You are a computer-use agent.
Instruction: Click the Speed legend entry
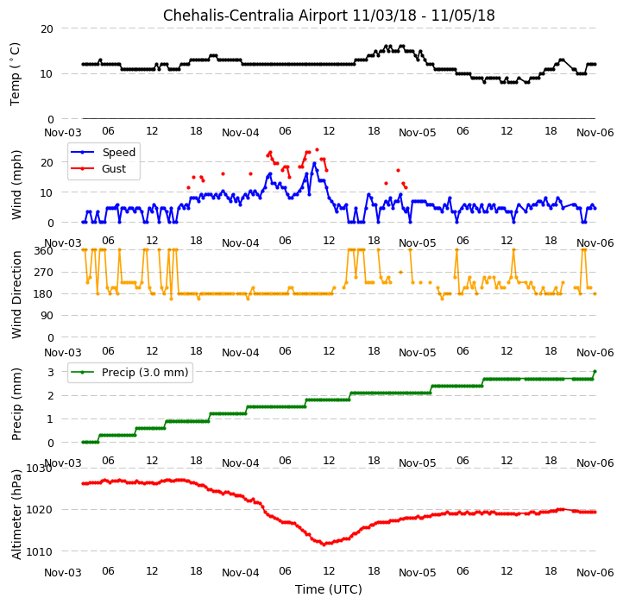click(119, 152)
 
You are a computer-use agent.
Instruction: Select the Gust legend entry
click(114, 169)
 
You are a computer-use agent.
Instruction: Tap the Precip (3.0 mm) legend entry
click(145, 373)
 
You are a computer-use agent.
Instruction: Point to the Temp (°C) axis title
click(15, 74)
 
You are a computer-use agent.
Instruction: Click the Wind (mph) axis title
click(16, 185)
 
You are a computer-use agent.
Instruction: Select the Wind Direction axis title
click(16, 294)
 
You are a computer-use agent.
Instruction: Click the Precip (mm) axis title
click(16, 404)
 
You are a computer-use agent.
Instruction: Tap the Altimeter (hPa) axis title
click(16, 514)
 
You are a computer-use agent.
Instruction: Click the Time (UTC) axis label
click(329, 589)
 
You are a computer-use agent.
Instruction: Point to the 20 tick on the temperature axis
click(47, 29)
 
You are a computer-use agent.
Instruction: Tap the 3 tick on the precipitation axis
click(50, 373)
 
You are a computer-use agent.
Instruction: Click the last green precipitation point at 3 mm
click(595, 372)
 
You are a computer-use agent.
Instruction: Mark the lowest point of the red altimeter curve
click(324, 544)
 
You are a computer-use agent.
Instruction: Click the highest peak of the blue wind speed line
click(314, 163)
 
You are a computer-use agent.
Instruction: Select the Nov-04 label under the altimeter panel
click(241, 573)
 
